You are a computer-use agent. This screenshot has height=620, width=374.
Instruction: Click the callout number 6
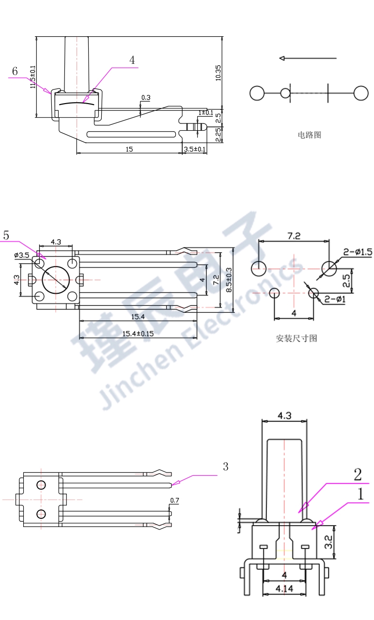coord(15,72)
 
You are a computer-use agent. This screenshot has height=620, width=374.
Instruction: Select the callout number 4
coord(132,60)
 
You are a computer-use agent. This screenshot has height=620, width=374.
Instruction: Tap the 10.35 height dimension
coord(218,73)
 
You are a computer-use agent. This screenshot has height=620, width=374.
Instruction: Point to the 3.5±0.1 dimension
coord(194,150)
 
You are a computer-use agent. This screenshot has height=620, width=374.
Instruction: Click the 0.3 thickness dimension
coord(146,98)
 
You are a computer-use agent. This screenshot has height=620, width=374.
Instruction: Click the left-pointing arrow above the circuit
coord(307,59)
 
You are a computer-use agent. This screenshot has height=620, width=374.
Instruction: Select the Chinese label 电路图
coord(309,135)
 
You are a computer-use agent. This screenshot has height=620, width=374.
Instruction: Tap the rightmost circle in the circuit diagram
coord(360,93)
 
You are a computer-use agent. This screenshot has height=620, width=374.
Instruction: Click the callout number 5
coord(6,236)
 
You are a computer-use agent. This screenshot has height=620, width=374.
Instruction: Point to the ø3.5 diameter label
coord(22,255)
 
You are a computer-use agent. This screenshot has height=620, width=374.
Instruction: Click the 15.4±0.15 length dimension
coord(138,333)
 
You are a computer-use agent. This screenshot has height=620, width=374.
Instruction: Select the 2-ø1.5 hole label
coord(358,252)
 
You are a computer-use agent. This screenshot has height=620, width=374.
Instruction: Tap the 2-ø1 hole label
coord(334,300)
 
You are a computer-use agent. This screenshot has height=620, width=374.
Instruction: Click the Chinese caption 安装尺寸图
coord(296,338)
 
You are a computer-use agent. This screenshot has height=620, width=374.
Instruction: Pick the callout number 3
coord(225,467)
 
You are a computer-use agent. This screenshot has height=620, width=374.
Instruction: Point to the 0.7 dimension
coord(174,500)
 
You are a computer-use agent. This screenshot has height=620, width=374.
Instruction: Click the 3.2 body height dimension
coord(328,542)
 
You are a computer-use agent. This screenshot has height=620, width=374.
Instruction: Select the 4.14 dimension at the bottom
coord(284,589)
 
